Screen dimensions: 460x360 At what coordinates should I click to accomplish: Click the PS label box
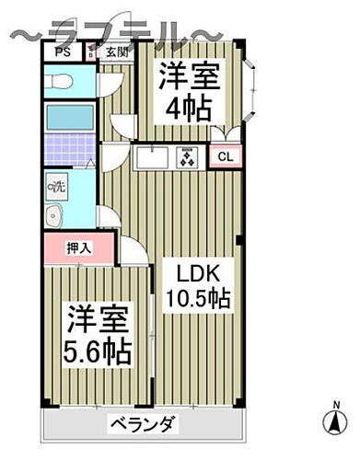click(x=64, y=52)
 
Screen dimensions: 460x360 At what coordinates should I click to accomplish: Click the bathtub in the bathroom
click(x=70, y=118)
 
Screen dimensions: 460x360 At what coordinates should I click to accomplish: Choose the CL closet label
click(x=225, y=157)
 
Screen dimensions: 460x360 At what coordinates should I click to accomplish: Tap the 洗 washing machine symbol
click(x=56, y=188)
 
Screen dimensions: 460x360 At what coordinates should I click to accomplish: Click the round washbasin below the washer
click(x=53, y=217)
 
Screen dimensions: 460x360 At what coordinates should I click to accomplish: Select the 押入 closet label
click(x=78, y=248)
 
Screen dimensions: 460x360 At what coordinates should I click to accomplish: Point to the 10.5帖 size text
click(x=198, y=299)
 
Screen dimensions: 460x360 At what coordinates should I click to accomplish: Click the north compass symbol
click(x=333, y=420)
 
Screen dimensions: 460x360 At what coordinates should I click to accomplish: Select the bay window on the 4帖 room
click(x=252, y=92)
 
